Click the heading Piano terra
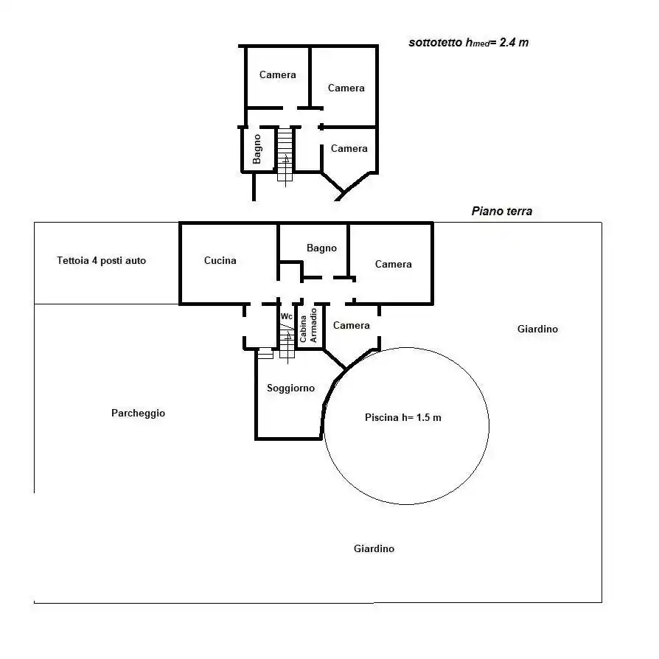click(501, 212)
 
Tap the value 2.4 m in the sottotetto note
click(514, 43)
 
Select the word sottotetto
click(435, 43)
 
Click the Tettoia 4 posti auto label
click(102, 261)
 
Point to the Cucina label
click(220, 260)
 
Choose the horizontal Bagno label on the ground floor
click(321, 248)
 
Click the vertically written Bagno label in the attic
click(257, 148)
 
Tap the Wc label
click(286, 316)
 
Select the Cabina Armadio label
click(308, 326)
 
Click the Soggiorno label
click(290, 388)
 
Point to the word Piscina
click(381, 418)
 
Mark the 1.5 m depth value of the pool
click(428, 418)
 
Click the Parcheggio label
click(138, 414)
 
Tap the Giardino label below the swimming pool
click(374, 549)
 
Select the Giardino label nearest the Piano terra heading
click(537, 329)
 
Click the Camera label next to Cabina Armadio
click(352, 326)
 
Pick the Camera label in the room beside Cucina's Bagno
click(393, 265)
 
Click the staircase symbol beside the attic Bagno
click(285, 155)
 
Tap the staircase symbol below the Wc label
click(287, 343)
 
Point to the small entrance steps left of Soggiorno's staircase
click(265, 354)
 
